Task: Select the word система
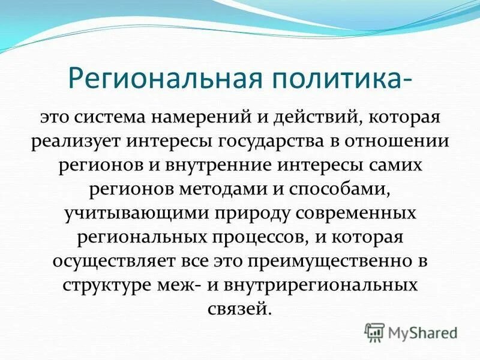tap(126, 117)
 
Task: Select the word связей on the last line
tap(240, 309)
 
